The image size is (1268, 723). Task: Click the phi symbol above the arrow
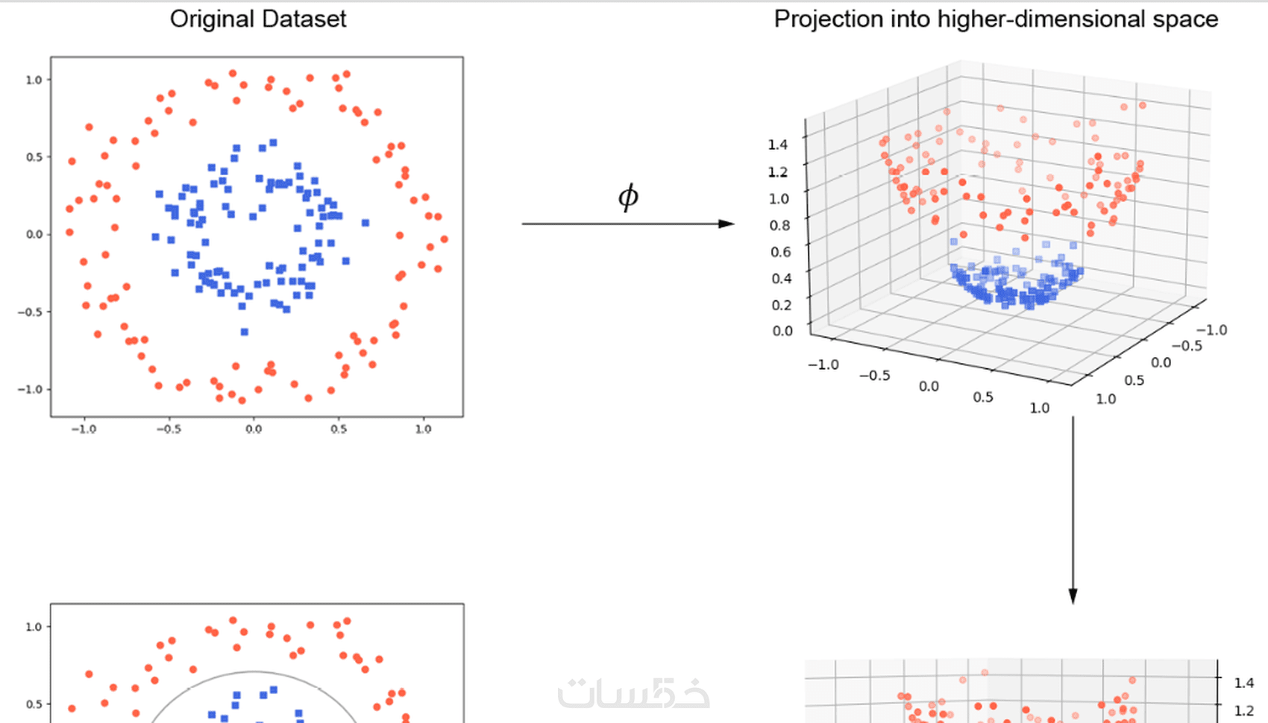click(x=628, y=197)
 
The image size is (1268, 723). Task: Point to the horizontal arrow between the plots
click(x=627, y=224)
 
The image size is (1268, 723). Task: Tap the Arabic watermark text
click(x=633, y=693)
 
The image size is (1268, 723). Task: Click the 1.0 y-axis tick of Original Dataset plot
click(x=34, y=80)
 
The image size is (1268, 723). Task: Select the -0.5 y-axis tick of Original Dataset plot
click(x=31, y=312)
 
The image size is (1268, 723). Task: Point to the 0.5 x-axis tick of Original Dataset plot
click(x=339, y=429)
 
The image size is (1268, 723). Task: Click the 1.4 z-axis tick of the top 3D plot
click(x=778, y=145)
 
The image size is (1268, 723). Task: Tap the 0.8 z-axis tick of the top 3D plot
click(x=779, y=225)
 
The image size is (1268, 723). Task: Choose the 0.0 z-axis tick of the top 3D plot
click(x=782, y=331)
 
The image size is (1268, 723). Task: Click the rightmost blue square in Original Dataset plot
click(x=365, y=223)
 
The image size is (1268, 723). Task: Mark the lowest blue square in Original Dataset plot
click(x=244, y=332)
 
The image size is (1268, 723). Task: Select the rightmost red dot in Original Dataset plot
click(x=445, y=239)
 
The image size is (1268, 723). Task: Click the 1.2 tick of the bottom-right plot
click(x=1243, y=711)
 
